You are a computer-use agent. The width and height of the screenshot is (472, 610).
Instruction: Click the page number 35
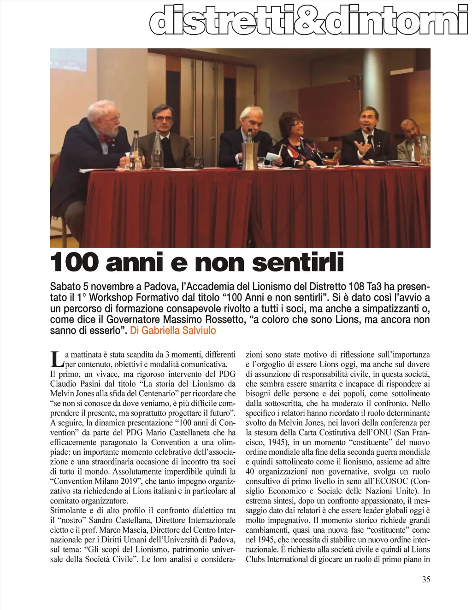click(426, 580)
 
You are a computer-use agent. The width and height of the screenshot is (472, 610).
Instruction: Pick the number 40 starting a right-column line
click(250, 471)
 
